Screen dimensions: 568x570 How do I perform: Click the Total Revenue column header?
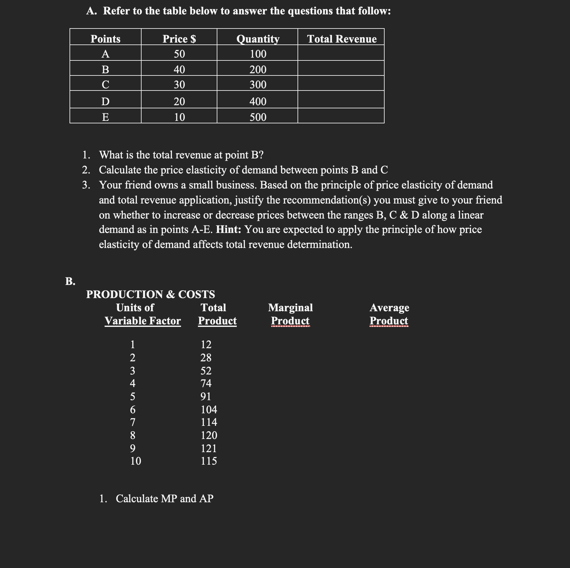(342, 39)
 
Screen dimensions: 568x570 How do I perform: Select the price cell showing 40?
(179, 69)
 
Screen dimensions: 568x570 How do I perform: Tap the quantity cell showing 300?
(258, 85)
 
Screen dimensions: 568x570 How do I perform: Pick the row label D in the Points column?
(106, 101)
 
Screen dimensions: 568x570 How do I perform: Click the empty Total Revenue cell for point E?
(341, 117)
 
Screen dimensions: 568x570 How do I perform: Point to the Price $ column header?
(179, 39)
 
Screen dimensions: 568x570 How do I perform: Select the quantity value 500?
(258, 117)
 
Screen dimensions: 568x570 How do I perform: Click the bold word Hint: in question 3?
(228, 230)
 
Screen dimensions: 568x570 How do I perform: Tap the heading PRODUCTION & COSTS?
(150, 294)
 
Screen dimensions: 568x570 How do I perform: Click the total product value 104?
(209, 409)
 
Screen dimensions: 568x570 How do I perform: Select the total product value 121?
(209, 448)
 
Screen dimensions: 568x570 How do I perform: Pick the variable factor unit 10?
(136, 461)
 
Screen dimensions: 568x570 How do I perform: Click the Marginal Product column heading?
(290, 314)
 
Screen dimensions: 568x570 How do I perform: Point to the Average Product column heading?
(389, 314)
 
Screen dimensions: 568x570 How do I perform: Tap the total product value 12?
(206, 344)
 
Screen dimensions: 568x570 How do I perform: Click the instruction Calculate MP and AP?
(164, 498)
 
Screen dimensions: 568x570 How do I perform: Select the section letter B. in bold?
(70, 281)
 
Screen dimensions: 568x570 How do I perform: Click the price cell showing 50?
(179, 54)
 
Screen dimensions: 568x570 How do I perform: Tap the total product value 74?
(206, 383)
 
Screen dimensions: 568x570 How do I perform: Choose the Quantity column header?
(258, 39)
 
